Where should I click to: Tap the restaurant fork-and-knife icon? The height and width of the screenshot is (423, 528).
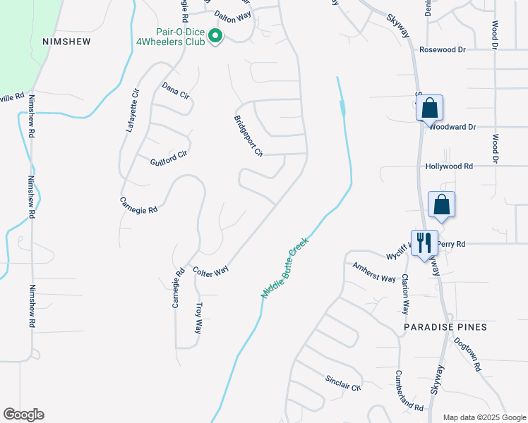pyautogui.click(x=424, y=243)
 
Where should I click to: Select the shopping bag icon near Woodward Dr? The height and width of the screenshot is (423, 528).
pyautogui.click(x=429, y=109)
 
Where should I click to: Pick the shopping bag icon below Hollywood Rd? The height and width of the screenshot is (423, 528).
pyautogui.click(x=441, y=204)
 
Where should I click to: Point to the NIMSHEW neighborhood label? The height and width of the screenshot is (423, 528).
pyautogui.click(x=67, y=42)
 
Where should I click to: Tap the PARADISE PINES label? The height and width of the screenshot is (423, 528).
pyautogui.click(x=445, y=328)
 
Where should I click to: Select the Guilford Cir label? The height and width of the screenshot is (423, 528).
pyautogui.click(x=169, y=158)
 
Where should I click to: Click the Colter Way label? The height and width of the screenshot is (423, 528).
pyautogui.click(x=211, y=271)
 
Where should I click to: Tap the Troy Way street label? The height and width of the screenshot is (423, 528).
pyautogui.click(x=199, y=317)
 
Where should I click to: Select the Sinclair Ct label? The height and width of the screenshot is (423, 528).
pyautogui.click(x=343, y=383)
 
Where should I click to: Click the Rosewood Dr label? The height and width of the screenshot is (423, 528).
pyautogui.click(x=443, y=50)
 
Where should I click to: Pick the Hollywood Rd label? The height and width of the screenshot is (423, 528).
pyautogui.click(x=448, y=166)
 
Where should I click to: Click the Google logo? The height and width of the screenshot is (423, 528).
pyautogui.click(x=23, y=415)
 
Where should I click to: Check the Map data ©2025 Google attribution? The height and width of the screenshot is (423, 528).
pyautogui.click(x=484, y=417)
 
